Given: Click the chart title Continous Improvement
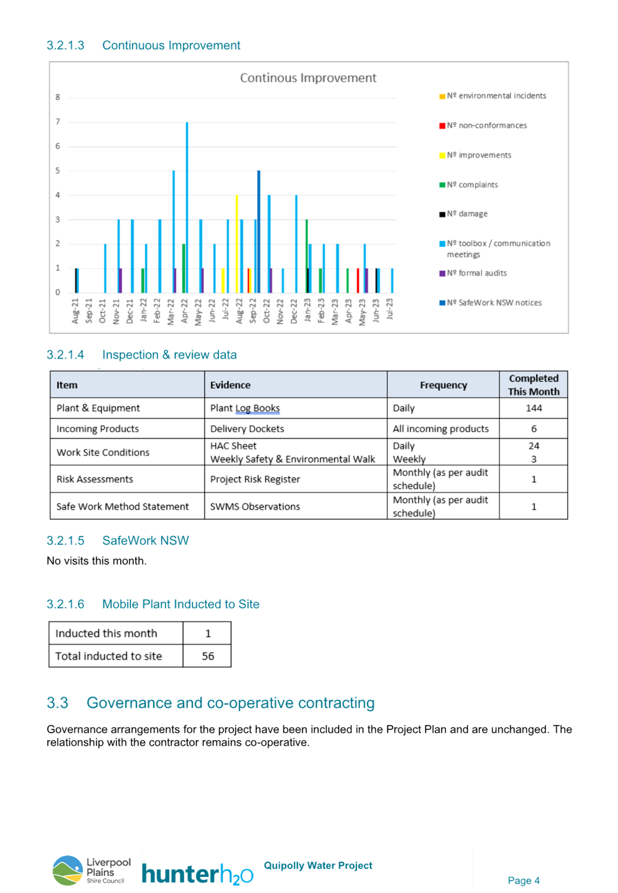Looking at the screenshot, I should pyautogui.click(x=308, y=78).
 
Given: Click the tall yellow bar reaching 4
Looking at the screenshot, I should pyautogui.click(x=236, y=244).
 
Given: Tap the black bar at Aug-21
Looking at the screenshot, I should pyautogui.click(x=77, y=281).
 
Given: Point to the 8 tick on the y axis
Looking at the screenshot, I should pyautogui.click(x=58, y=98).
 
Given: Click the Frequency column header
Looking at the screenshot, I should pyautogui.click(x=443, y=385).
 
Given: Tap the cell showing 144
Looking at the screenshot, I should pyautogui.click(x=534, y=408).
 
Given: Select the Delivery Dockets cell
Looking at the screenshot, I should pyautogui.click(x=247, y=429).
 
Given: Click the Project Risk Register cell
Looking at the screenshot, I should pyautogui.click(x=255, y=479).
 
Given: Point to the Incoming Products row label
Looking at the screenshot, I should pyautogui.click(x=98, y=429).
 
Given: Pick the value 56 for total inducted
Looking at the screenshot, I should pyautogui.click(x=208, y=656).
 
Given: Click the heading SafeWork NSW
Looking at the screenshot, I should pyautogui.click(x=146, y=540).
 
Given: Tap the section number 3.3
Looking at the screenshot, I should pyautogui.click(x=57, y=703).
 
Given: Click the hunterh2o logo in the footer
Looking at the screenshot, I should pyautogui.click(x=198, y=874).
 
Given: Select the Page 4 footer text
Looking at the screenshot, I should pyautogui.click(x=524, y=880).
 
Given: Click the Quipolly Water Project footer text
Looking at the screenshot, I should pyautogui.click(x=318, y=865).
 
